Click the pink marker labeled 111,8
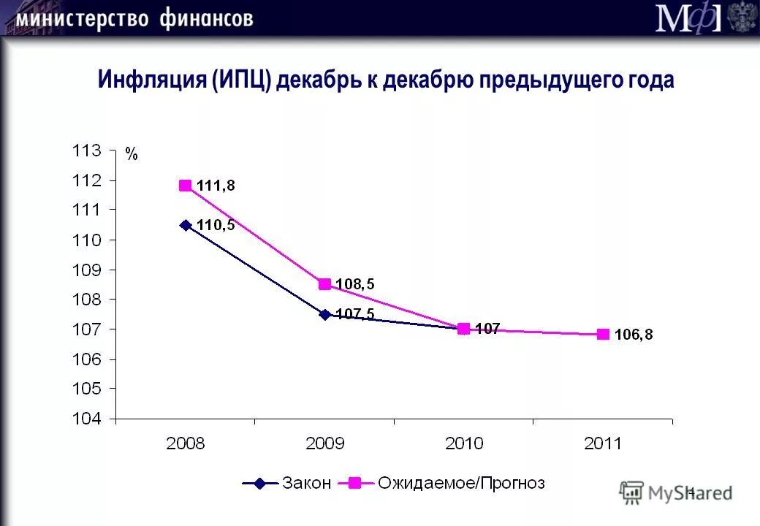click(186, 186)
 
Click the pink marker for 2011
click(603, 335)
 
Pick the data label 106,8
click(633, 335)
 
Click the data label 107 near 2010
click(487, 329)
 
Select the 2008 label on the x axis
click(186, 443)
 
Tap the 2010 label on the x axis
click(463, 443)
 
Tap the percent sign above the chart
click(131, 154)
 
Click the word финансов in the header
click(206, 18)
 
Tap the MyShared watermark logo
click(675, 493)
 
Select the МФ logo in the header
click(687, 19)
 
